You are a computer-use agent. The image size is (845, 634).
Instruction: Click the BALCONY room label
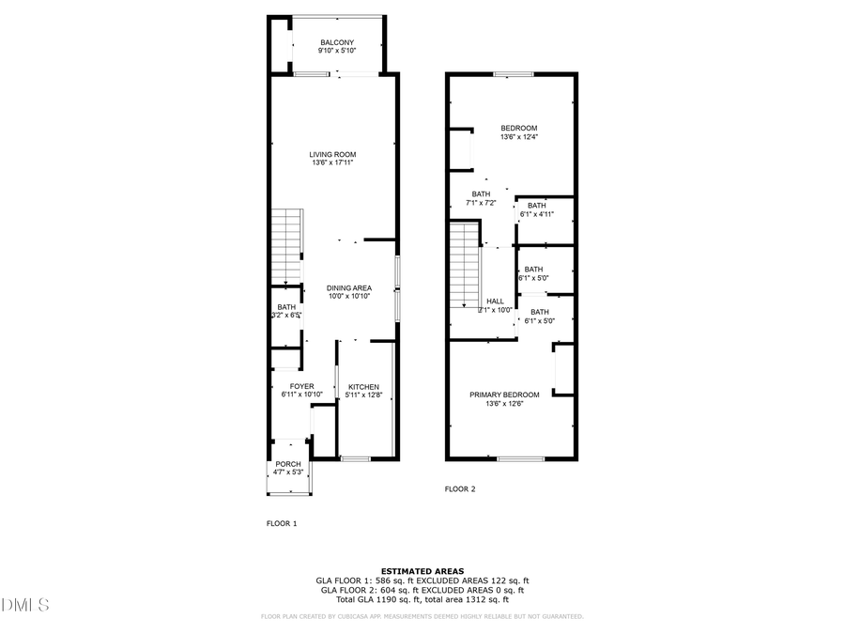337,42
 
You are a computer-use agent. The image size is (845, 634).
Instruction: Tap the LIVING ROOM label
333,154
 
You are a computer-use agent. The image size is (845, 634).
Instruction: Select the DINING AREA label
349,287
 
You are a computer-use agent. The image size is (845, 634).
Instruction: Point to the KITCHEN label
363,387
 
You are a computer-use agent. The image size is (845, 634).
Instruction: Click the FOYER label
301,386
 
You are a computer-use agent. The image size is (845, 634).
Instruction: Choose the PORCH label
288,464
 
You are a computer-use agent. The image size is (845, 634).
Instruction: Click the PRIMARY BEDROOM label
504,394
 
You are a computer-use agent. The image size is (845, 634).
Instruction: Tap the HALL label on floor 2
495,302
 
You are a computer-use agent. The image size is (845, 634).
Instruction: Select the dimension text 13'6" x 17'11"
333,163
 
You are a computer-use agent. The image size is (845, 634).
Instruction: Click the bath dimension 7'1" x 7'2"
482,203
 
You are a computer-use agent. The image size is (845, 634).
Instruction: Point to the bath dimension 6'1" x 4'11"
537,214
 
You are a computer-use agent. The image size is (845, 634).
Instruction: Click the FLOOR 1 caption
282,523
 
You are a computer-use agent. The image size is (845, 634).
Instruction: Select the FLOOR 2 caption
460,488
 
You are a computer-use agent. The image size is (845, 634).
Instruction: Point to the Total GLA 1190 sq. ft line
422,599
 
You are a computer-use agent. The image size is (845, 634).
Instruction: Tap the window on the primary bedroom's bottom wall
520,458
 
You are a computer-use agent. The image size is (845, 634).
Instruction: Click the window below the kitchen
356,458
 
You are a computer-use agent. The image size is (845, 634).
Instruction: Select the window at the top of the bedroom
513,74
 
